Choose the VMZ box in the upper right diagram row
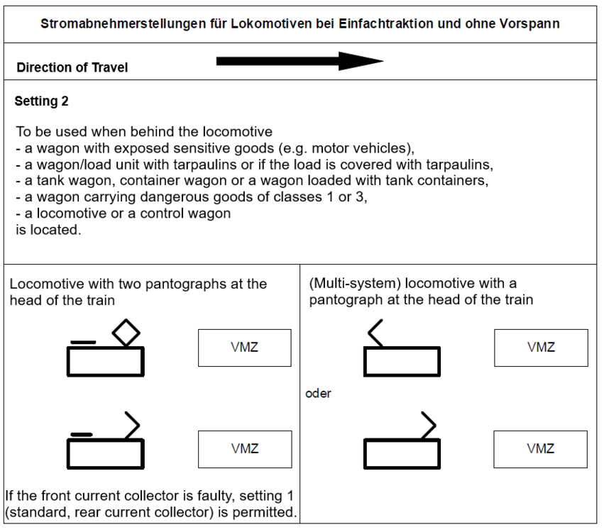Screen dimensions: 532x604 (541, 348)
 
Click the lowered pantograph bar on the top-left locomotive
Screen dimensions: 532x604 (84, 343)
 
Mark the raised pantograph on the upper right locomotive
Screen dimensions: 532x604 (377, 333)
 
